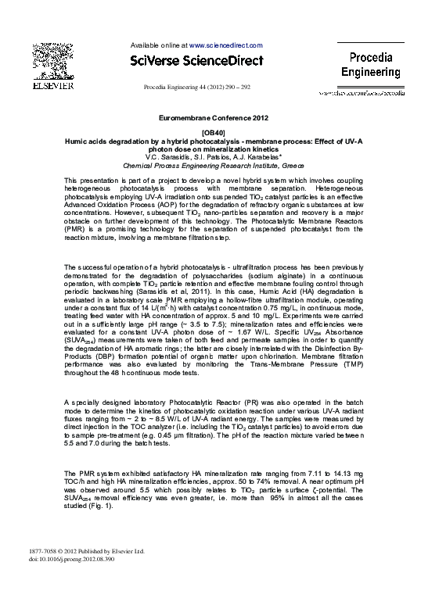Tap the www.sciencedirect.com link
[226, 46]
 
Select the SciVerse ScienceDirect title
[196, 61]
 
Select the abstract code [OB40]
[213, 133]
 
